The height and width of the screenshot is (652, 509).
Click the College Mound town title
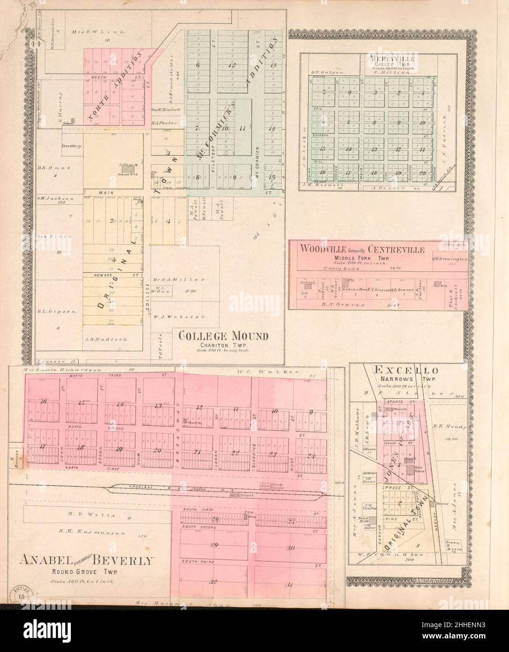click(x=223, y=336)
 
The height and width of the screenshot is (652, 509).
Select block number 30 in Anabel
click(x=290, y=548)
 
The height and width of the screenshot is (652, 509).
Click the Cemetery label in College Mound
click(x=71, y=146)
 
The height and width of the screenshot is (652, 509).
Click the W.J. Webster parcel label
click(x=178, y=317)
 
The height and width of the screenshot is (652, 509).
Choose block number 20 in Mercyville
click(x=422, y=173)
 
